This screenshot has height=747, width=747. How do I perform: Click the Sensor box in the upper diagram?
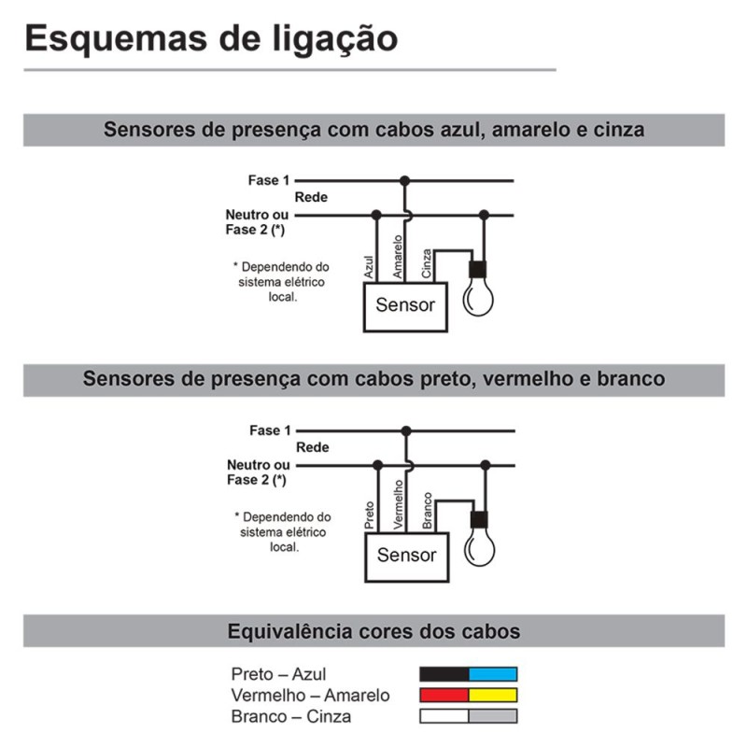click(405, 307)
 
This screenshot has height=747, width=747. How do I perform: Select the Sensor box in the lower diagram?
click(407, 557)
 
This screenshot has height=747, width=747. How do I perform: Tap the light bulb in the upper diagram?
click(478, 289)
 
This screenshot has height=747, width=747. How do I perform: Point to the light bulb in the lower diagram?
click(479, 539)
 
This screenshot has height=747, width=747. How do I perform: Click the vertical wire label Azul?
click(369, 267)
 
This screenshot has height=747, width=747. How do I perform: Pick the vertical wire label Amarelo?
click(398, 257)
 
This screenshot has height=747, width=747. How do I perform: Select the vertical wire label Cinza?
click(427, 263)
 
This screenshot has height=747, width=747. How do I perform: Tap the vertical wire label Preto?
click(369, 515)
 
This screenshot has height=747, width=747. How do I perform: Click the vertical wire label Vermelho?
click(399, 504)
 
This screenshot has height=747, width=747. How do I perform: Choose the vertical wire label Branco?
click(428, 511)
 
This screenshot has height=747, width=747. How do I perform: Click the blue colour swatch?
click(493, 674)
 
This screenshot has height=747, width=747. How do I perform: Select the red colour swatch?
click(444, 695)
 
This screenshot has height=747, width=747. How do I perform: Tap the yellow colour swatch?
click(493, 695)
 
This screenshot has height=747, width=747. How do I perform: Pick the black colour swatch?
click(444, 674)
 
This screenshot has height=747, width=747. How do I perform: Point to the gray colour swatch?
click(493, 716)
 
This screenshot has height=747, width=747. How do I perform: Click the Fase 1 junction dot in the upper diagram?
click(405, 181)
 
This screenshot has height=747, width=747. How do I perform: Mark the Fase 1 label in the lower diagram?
click(270, 430)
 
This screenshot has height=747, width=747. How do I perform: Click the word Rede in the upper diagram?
click(311, 197)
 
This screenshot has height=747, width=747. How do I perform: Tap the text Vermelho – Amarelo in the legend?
click(311, 696)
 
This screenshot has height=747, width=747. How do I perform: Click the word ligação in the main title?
click(335, 39)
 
